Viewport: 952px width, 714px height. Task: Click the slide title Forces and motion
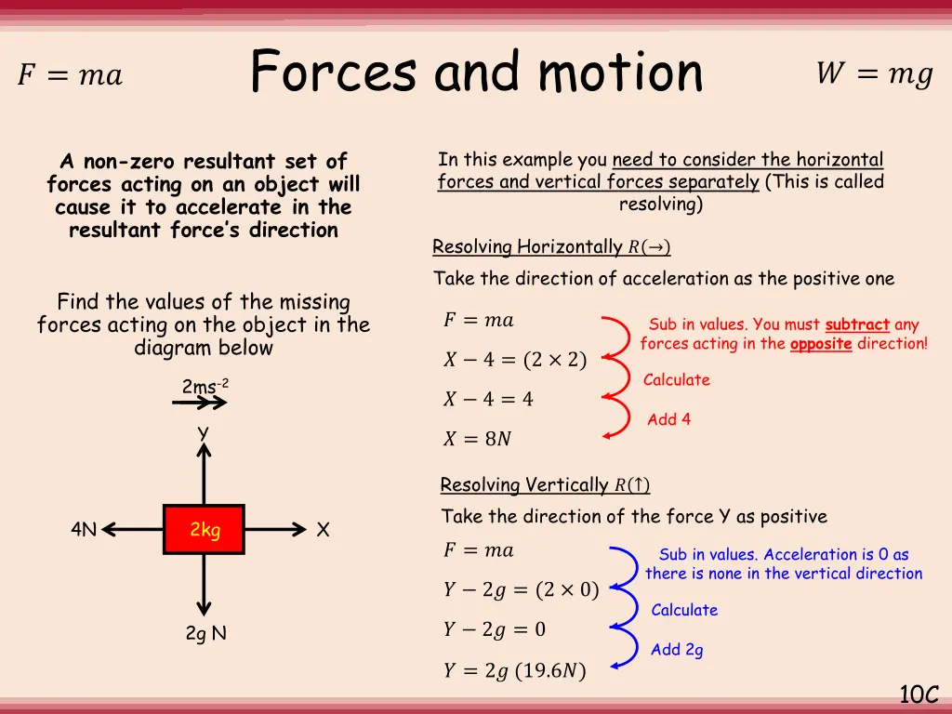pos(476,72)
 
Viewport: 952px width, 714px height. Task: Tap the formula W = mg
pos(874,74)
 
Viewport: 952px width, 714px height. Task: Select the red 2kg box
pos(205,530)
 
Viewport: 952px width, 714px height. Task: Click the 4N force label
pos(84,530)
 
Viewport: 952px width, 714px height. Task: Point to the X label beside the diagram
pos(323,530)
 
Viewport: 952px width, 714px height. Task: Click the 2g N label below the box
pos(205,633)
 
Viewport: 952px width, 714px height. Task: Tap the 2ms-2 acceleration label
pos(205,386)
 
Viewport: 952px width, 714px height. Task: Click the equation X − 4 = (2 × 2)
pos(514,360)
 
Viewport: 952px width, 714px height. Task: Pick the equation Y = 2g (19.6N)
pos(514,670)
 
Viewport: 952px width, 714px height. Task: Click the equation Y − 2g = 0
pos(494,629)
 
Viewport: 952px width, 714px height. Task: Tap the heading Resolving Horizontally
pos(551,247)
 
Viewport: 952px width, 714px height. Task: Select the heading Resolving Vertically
pos(545,485)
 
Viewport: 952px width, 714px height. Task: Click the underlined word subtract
pos(857,324)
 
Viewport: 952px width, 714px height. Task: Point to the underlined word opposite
pos(821,344)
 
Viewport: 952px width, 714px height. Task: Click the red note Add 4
pos(668,419)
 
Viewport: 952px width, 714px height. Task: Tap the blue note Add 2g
pos(677,650)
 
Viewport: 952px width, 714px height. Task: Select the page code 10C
pos(919,694)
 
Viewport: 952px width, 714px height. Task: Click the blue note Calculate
pos(684,610)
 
